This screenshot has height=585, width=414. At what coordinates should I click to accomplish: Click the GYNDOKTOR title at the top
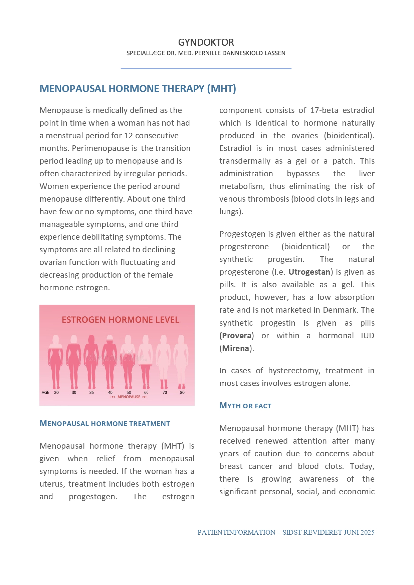pyautogui.click(x=206, y=42)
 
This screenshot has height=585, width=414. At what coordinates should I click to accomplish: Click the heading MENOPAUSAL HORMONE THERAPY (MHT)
pyautogui.click(x=138, y=89)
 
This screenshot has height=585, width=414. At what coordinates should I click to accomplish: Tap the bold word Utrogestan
pyautogui.click(x=309, y=272)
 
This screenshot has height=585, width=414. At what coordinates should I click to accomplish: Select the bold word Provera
pyautogui.click(x=236, y=335)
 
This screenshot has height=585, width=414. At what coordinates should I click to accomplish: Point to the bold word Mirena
pyautogui.click(x=236, y=348)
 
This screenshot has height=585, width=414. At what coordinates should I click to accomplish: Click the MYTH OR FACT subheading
pyautogui.click(x=245, y=406)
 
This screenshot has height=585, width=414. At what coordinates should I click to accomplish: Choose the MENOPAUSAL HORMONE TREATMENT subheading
pyautogui.click(x=105, y=423)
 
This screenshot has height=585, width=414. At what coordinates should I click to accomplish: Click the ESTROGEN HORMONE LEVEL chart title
pyautogui.click(x=121, y=320)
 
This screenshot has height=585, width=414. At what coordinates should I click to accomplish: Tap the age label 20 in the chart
pyautogui.click(x=56, y=392)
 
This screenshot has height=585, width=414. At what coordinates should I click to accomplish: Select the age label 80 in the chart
pyautogui.click(x=182, y=392)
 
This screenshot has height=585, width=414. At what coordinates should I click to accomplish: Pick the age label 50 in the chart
pyautogui.click(x=129, y=392)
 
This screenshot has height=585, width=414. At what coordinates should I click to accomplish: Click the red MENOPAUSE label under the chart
pyautogui.click(x=129, y=397)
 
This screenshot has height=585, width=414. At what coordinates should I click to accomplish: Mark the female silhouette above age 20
pyautogui.click(x=55, y=362)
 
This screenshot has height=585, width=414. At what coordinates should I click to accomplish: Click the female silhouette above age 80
pyautogui.click(x=181, y=362)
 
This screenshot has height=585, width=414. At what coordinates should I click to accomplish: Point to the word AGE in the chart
pyautogui.click(x=45, y=392)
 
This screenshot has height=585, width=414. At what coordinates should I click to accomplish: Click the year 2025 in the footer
pyautogui.click(x=367, y=532)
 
